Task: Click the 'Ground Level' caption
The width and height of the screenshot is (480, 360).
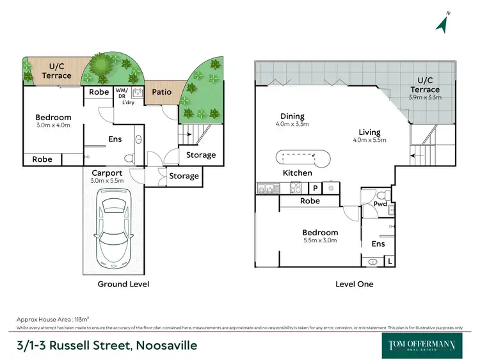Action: click(x=123, y=284)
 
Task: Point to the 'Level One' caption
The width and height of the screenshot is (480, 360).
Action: click(x=354, y=284)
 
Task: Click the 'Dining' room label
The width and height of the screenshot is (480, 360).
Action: click(x=292, y=116)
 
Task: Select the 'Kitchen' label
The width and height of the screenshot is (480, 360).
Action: click(x=298, y=173)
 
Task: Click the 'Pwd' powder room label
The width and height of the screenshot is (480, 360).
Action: click(x=381, y=205)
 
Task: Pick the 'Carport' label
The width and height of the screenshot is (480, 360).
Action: click(x=108, y=173)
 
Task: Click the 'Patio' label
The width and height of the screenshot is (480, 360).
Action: click(x=162, y=92)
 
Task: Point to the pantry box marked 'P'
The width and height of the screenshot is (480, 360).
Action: click(x=315, y=188)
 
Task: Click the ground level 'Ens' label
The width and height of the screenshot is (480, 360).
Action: click(x=115, y=138)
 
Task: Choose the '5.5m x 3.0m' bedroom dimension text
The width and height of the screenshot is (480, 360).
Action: click(x=321, y=240)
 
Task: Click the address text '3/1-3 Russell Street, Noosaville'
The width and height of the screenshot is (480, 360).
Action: click(x=107, y=345)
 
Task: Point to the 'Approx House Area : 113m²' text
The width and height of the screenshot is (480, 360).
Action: click(x=52, y=318)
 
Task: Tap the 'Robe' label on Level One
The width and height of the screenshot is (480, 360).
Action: click(x=310, y=201)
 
